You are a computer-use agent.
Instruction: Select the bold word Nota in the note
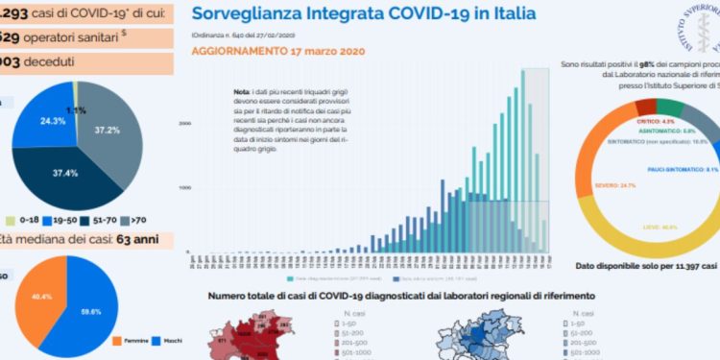click(x=241, y=91)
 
